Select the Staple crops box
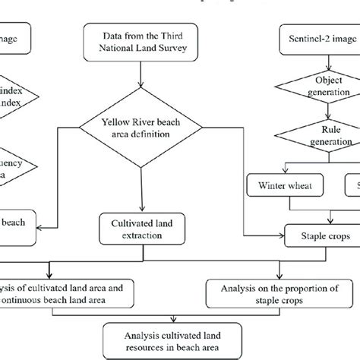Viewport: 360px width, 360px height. pos(320,236)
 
